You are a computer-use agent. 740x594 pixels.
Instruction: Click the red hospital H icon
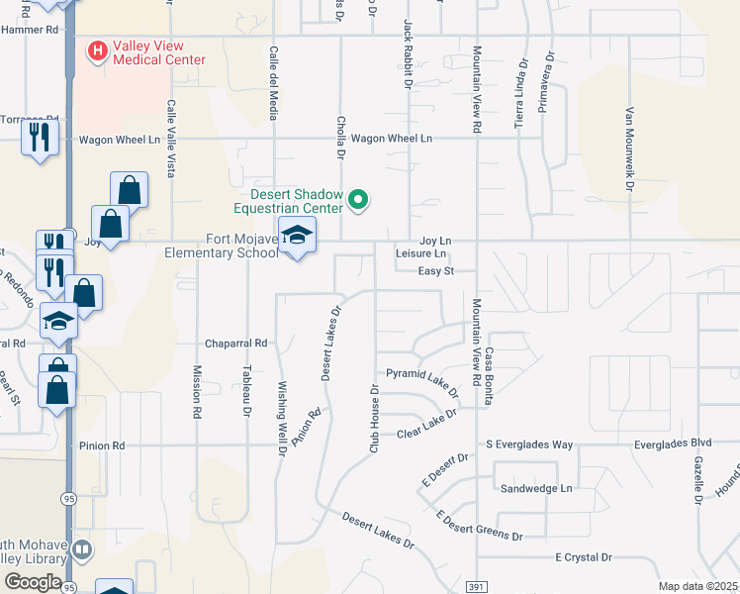point(98,49)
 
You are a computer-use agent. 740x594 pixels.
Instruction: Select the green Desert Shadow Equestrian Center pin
point(359,201)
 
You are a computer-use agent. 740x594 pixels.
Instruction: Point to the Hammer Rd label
point(29,30)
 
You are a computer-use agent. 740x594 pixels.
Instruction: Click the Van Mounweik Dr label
point(628,148)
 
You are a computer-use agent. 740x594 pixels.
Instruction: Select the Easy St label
point(434,270)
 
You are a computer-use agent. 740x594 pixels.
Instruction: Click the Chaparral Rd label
point(236,344)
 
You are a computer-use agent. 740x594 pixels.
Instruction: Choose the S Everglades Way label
point(529,445)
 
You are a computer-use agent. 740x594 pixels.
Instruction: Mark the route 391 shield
point(477,585)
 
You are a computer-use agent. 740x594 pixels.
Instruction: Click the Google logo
point(33,581)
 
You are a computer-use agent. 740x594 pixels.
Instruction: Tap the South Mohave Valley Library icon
point(83,548)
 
